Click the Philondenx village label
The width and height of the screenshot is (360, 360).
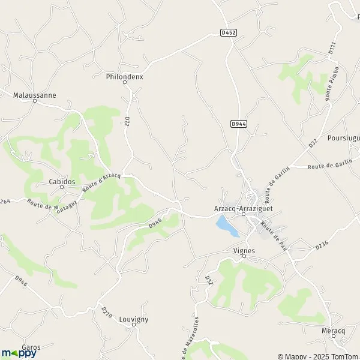124,77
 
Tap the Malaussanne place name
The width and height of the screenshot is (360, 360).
34,94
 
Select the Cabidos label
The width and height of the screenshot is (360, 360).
62,181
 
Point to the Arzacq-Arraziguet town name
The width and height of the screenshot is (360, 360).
244,208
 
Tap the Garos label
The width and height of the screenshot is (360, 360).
31,347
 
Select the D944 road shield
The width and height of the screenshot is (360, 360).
238,124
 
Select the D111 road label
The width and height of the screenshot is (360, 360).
331,49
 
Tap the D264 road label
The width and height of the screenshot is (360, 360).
5,201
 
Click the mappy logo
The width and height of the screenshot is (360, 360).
19,353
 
